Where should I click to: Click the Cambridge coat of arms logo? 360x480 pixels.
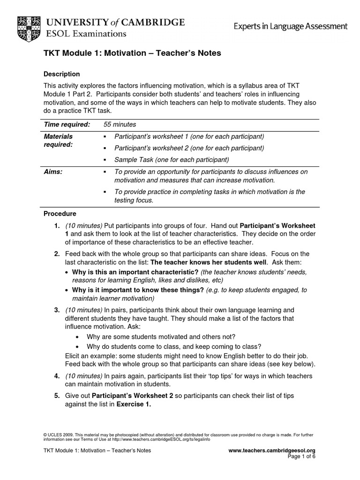click(x=28, y=27)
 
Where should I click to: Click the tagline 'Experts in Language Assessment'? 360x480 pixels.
click(x=291, y=27)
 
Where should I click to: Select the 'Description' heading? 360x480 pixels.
click(x=61, y=74)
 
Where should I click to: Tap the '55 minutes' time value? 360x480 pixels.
click(x=120, y=124)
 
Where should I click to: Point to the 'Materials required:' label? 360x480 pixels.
click(x=59, y=140)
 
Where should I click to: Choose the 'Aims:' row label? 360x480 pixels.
click(x=53, y=172)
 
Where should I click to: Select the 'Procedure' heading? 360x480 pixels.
click(x=60, y=213)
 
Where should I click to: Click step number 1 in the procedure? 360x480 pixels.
click(x=56, y=225)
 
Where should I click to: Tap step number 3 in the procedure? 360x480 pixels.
click(x=56, y=310)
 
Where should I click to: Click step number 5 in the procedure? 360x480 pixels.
click(x=56, y=396)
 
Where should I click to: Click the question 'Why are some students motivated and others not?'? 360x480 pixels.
click(x=161, y=337)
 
